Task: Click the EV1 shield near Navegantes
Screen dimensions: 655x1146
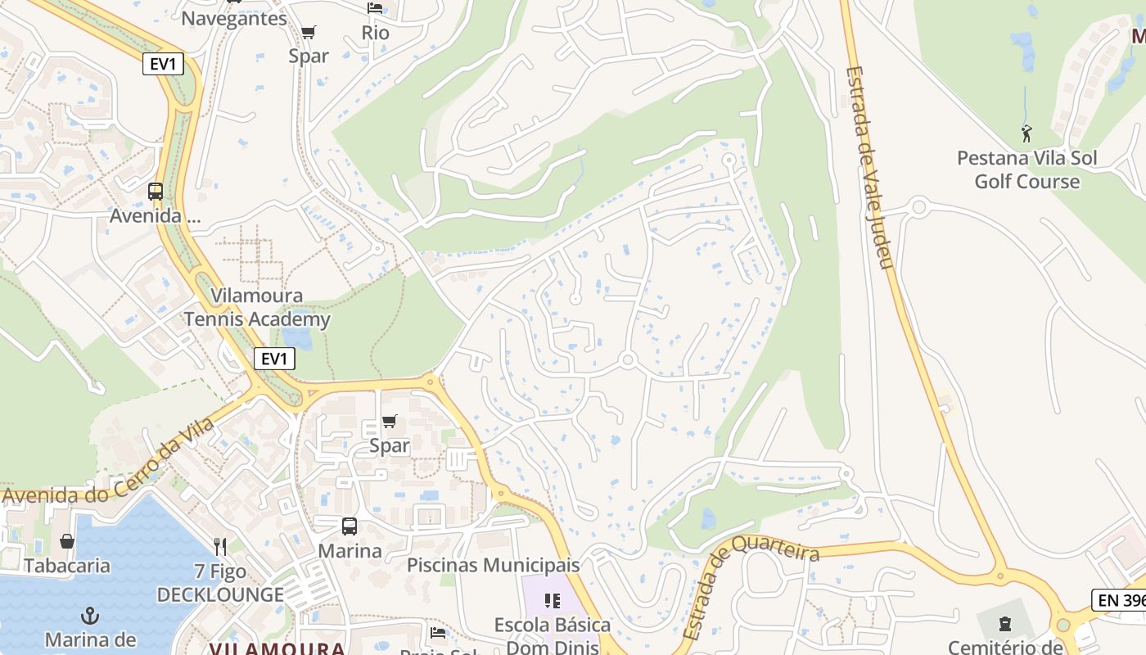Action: tap(163, 64)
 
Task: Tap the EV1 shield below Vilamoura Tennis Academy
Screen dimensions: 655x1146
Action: tap(273, 359)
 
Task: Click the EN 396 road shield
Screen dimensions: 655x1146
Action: tap(1119, 599)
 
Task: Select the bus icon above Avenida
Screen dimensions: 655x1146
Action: tap(156, 192)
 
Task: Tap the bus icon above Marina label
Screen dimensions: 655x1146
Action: tap(350, 526)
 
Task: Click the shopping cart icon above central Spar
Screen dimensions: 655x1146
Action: tap(390, 422)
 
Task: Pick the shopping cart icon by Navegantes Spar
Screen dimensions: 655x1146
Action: tap(309, 32)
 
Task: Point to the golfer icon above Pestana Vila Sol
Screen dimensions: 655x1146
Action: tap(1026, 133)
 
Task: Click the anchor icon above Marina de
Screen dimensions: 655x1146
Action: tap(90, 615)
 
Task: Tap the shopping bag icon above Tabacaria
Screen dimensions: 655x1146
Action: tap(67, 541)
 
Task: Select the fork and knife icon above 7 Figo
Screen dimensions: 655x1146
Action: tap(219, 546)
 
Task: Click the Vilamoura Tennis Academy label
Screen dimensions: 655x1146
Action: tap(257, 308)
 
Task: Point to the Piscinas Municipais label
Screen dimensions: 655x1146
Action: tap(493, 565)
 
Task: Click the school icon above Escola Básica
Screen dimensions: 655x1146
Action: tap(553, 601)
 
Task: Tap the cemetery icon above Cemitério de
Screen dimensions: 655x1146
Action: tap(1005, 624)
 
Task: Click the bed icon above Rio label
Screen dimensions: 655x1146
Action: tap(375, 8)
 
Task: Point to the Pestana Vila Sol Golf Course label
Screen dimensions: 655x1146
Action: tap(1026, 169)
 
